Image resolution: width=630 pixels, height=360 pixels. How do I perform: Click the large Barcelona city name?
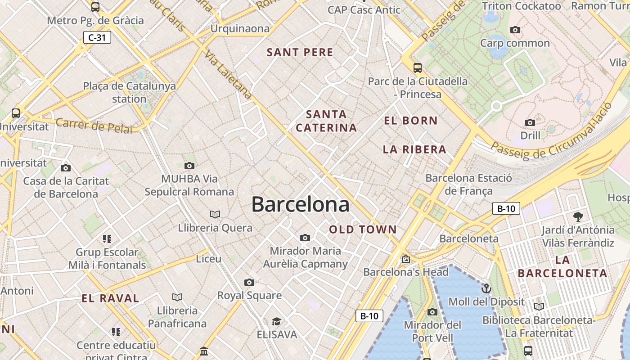click(300, 205)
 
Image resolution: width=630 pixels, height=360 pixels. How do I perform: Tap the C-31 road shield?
click(97, 37)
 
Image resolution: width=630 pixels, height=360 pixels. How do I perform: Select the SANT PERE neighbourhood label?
click(300, 52)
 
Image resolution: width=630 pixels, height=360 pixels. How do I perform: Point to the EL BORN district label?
click(410, 121)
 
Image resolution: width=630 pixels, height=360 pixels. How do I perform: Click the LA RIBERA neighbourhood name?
click(414, 149)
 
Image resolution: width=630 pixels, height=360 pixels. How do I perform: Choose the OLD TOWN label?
click(363, 229)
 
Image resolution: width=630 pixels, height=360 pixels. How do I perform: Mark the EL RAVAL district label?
click(110, 298)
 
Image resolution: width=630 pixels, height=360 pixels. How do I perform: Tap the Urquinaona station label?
click(240, 29)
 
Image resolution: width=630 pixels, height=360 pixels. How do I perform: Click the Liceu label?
click(209, 259)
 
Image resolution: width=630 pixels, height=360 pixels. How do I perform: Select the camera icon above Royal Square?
click(249, 282)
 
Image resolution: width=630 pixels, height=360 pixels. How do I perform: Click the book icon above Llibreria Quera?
click(215, 214)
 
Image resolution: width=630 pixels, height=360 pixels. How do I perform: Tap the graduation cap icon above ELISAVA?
click(276, 321)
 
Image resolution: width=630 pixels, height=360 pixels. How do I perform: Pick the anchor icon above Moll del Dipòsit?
click(486, 288)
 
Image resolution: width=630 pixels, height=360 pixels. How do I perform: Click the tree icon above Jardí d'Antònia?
click(578, 217)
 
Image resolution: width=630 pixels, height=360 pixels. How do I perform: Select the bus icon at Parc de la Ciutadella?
click(418, 68)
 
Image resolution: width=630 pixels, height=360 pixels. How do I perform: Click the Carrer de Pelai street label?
click(94, 126)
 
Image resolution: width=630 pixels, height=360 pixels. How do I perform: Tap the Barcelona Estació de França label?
click(468, 184)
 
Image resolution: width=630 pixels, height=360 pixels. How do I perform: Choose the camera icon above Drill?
click(530, 122)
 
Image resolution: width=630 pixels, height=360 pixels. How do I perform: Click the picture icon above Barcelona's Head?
click(406, 259)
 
